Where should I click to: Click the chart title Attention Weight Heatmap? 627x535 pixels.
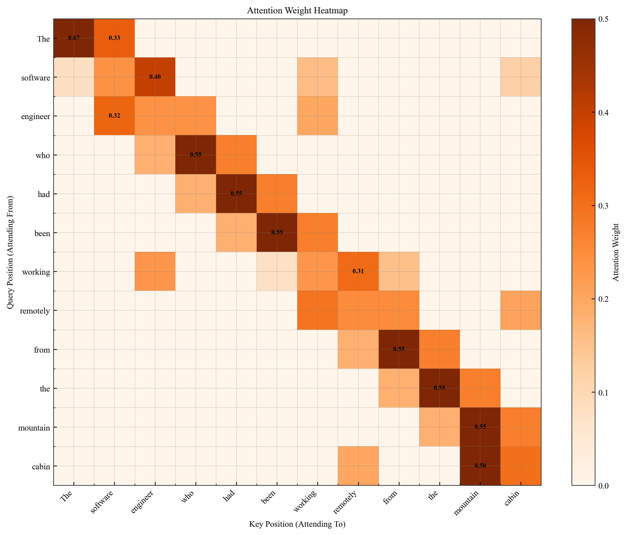tap(297, 11)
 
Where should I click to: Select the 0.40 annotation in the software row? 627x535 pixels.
tap(155, 77)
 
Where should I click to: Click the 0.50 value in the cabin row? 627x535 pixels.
tap(480, 466)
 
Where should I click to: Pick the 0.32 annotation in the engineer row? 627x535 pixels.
tap(114, 116)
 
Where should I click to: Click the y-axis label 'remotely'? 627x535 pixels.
tap(35, 311)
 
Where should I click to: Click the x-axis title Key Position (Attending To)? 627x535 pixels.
tap(297, 524)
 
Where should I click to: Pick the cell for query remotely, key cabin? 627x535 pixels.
tap(521, 310)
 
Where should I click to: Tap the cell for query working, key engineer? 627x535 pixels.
tap(155, 271)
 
